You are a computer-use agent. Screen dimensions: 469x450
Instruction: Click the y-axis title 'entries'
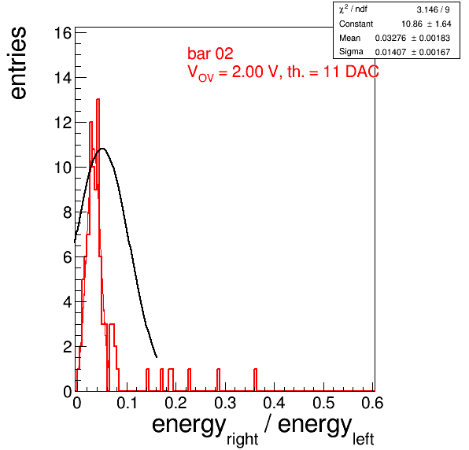[x=18, y=63]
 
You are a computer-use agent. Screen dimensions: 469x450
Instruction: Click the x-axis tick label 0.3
[x=225, y=403]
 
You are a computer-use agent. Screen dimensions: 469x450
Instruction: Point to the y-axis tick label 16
[x=63, y=33]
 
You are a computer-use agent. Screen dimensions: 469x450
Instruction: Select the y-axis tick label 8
[x=68, y=212]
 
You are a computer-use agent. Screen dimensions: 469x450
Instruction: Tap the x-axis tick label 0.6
[x=372, y=403]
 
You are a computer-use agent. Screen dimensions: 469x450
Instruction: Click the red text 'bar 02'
[x=210, y=53]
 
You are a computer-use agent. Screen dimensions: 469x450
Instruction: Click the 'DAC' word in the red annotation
[x=362, y=72]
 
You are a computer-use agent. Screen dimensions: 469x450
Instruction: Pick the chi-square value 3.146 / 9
[x=433, y=10]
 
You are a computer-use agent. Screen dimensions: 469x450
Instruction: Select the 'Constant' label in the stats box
[x=356, y=24]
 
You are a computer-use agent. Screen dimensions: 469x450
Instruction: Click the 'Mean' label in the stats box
[x=349, y=38]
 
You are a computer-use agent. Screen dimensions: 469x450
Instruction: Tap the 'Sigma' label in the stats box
[x=351, y=52]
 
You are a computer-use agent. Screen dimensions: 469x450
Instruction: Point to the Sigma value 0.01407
[x=390, y=53]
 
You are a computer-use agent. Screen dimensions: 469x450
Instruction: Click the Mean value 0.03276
[x=390, y=38]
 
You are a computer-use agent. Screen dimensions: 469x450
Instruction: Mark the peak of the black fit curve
[x=103, y=149]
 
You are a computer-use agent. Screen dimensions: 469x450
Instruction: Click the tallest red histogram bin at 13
[x=98, y=99]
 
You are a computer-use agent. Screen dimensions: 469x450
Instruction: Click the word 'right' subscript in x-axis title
[x=242, y=440]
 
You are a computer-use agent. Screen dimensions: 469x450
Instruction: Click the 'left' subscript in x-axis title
[x=363, y=439]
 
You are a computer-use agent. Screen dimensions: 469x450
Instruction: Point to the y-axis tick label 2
[x=68, y=347]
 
